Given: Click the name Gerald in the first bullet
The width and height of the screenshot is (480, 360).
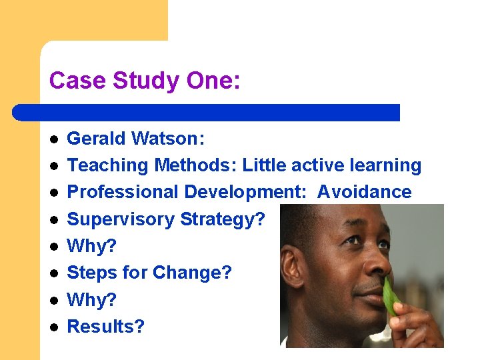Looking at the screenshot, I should coord(97,139).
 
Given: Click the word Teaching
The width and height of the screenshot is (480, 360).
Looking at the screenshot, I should coord(109,165).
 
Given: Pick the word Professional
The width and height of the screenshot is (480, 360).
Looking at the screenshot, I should coord(123,192).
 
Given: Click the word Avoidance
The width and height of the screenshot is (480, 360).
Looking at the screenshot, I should coord(364,192).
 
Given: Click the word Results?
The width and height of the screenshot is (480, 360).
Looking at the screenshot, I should coord(106,327).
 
